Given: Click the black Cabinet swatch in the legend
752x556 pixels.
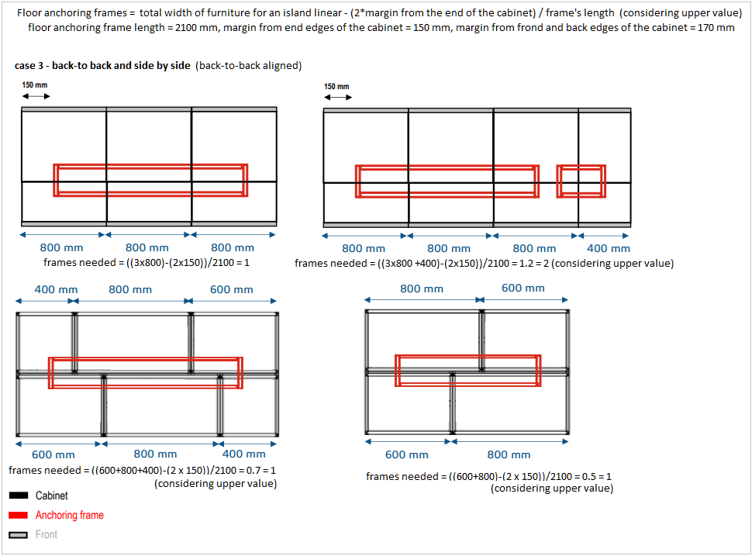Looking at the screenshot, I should [19, 496].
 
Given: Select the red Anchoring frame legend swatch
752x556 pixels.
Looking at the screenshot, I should [19, 515].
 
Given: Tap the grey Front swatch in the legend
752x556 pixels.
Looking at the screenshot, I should [19, 534].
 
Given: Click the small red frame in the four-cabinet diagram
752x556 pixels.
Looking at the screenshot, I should [581, 181].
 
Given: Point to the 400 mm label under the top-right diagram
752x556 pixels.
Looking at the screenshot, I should [609, 248].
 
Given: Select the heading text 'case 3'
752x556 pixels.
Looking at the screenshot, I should [31, 66].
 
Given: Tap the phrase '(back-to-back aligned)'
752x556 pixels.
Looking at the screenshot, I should [250, 66].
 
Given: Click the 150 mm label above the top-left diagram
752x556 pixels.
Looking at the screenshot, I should [35, 85].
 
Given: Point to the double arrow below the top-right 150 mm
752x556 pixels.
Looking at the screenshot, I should [338, 97].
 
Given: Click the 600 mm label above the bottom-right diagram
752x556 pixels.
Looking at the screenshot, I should [523, 288].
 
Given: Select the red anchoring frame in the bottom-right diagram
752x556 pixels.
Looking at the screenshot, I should [468, 370].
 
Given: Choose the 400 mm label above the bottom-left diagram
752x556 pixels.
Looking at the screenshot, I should [56, 289].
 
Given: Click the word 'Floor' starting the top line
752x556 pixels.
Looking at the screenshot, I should [32, 13].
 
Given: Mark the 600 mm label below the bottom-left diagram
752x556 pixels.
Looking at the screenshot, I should [53, 454].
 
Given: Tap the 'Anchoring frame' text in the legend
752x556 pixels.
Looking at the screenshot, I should [70, 515].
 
